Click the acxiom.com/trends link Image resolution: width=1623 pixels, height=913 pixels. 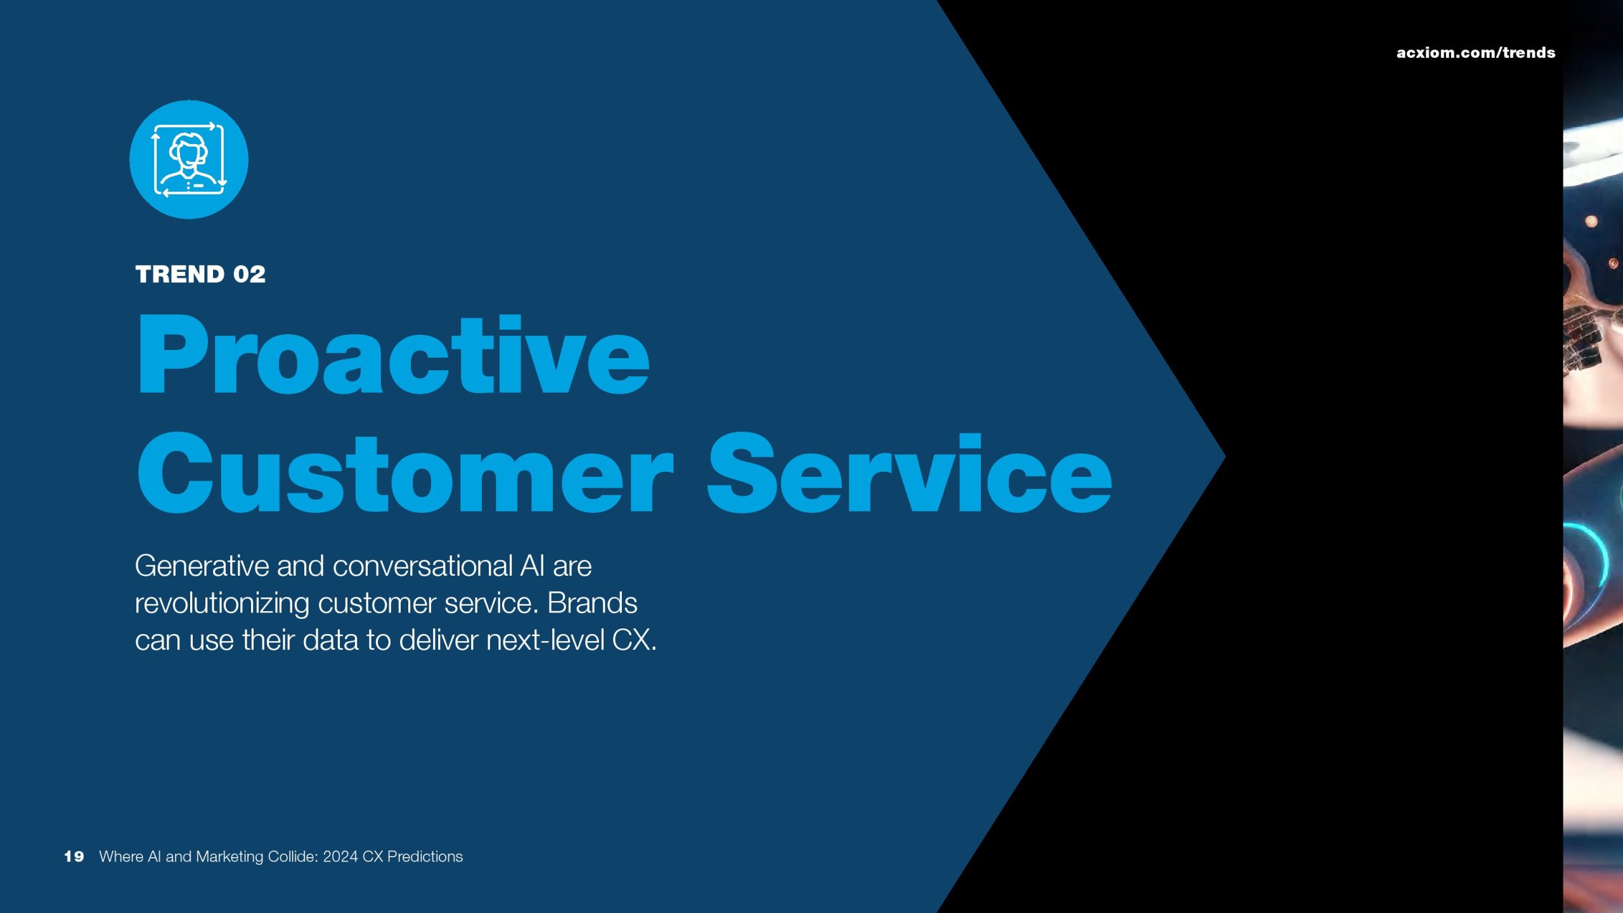tap(1475, 53)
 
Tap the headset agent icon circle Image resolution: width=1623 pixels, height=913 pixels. tap(189, 159)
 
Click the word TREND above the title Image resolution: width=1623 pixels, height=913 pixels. tap(180, 275)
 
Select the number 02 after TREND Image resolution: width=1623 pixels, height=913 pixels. tap(249, 275)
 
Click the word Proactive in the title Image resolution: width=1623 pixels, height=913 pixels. tap(393, 354)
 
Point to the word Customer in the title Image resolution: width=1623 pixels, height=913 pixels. tap(404, 472)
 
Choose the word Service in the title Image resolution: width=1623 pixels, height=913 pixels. tap(909, 472)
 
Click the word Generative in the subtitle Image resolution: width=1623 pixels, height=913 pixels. tap(202, 566)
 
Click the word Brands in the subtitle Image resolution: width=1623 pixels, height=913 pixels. tap(592, 603)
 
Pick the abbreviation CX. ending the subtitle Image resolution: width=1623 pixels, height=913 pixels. tap(635, 640)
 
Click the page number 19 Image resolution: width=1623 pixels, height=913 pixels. tap(74, 857)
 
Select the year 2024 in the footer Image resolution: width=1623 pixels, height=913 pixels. tap(340, 857)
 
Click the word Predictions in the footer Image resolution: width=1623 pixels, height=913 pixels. tap(425, 857)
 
